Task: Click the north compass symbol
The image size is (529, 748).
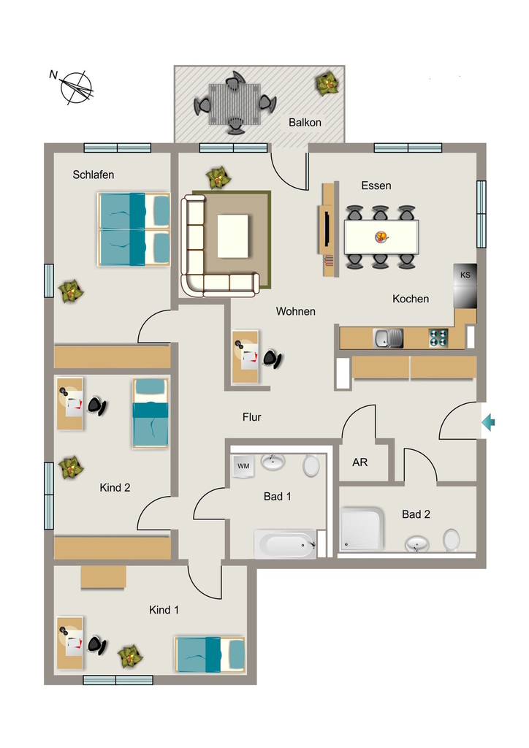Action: tap(75, 88)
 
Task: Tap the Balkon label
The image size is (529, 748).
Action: tap(305, 123)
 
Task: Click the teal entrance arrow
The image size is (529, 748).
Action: tap(488, 422)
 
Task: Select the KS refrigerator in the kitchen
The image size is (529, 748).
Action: tap(465, 286)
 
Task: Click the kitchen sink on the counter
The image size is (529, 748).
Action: tap(388, 338)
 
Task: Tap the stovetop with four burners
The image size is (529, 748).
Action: tap(439, 337)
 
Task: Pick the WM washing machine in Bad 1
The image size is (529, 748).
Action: tap(243, 465)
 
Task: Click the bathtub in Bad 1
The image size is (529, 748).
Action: tap(285, 543)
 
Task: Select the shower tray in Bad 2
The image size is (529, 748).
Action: tap(362, 529)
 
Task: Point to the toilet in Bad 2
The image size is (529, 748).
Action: tap(451, 540)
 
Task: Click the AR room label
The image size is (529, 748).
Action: tap(359, 462)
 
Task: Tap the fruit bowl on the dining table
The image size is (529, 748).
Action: tap(381, 237)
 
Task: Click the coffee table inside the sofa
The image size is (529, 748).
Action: tap(233, 236)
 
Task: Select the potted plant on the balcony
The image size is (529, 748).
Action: tap(328, 84)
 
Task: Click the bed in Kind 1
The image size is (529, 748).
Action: tap(210, 654)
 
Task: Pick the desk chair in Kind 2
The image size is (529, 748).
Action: tap(97, 406)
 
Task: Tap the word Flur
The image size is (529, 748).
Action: tap(252, 417)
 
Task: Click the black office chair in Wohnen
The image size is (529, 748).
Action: tap(272, 359)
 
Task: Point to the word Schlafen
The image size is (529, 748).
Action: tap(94, 175)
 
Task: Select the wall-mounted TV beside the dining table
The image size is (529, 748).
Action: tap(327, 229)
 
